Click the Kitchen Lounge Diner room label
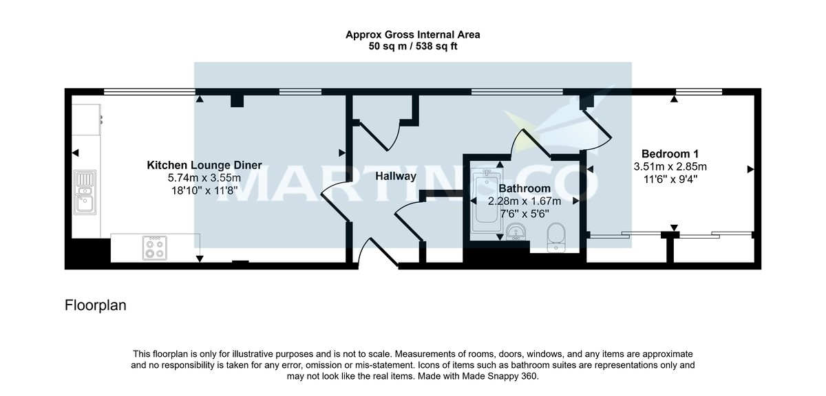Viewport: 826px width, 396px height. pos(204,165)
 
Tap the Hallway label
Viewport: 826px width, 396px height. pos(396,176)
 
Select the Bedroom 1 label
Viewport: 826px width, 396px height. pos(670,153)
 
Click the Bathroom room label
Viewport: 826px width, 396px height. pos(525,188)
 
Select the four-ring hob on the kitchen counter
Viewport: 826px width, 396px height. pos(154,247)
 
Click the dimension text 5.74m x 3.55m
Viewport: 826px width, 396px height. pos(204,177)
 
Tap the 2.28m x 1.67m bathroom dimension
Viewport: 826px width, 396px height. pos(525,201)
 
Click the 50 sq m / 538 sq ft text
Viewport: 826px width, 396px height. pos(412,47)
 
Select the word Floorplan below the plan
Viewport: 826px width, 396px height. pos(96,305)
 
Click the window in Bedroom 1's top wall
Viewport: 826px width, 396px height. pos(699,91)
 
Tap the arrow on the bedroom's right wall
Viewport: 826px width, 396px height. pos(750,168)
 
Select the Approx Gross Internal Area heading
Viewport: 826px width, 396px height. pos(412,34)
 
